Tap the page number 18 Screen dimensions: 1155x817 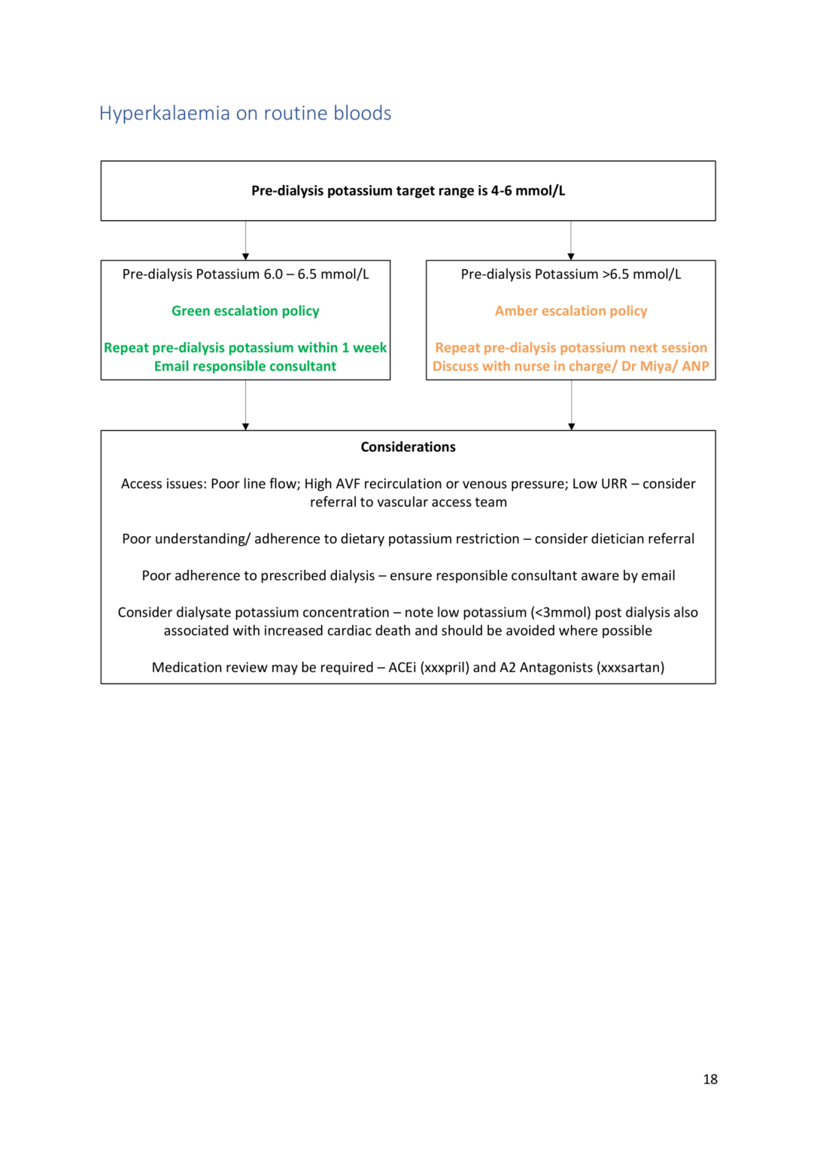pos(709,1079)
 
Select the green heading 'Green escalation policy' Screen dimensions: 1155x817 pos(245,311)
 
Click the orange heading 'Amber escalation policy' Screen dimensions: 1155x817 pos(570,311)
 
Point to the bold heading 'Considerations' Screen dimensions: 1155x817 pos(408,447)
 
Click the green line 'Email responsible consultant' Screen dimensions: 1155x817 pos(245,366)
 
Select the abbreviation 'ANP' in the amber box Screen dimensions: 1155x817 pos(695,366)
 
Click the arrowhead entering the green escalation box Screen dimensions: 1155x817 pos(245,256)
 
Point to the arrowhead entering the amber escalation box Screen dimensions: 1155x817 pos(571,256)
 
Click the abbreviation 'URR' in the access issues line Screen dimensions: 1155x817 pos(614,484)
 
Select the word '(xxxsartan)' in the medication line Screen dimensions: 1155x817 pos(630,668)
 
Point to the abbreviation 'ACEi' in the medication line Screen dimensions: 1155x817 pos(402,668)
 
